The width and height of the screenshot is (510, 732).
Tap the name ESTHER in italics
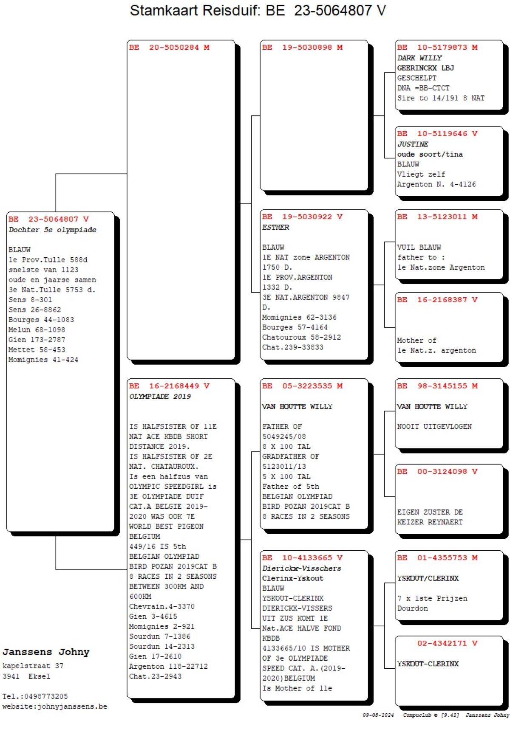pos(275,228)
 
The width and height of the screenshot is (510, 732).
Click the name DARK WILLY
pos(419,58)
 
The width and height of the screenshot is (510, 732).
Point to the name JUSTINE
pos(413,144)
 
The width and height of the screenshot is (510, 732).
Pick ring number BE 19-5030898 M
pos(302,48)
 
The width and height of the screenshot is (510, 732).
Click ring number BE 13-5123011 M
pos(437,217)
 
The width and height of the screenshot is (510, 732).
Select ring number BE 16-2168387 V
pos(437,300)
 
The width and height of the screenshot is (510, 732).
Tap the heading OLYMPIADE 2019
pos(160,397)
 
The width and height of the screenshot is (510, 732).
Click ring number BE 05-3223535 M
pos(302,386)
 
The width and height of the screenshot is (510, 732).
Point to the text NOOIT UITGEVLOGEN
pos(434,427)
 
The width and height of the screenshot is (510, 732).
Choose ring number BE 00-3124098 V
pos(437,471)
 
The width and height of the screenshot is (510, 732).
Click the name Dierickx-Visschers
pos(301,568)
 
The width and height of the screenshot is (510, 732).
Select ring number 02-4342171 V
pos(447,643)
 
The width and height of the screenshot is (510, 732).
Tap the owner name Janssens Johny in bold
pos(46,652)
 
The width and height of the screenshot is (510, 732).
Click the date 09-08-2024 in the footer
pos(378,715)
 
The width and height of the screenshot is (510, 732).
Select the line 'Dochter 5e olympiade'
pos(52,230)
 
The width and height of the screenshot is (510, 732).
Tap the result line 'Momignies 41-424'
pos(43,360)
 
